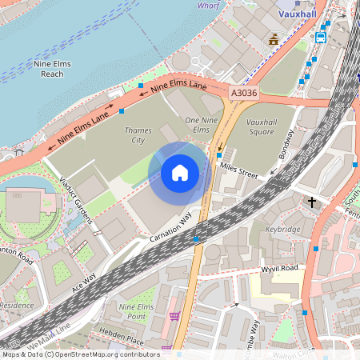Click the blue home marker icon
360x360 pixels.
click(x=180, y=172)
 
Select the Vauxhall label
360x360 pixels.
click(x=298, y=14)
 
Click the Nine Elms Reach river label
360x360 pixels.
click(x=52, y=68)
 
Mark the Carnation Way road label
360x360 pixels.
click(x=171, y=227)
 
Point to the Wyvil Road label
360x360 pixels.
click(x=279, y=268)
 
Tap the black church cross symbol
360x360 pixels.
click(x=312, y=202)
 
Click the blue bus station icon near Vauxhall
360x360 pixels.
click(x=321, y=37)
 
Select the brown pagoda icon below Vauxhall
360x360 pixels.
click(x=274, y=38)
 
